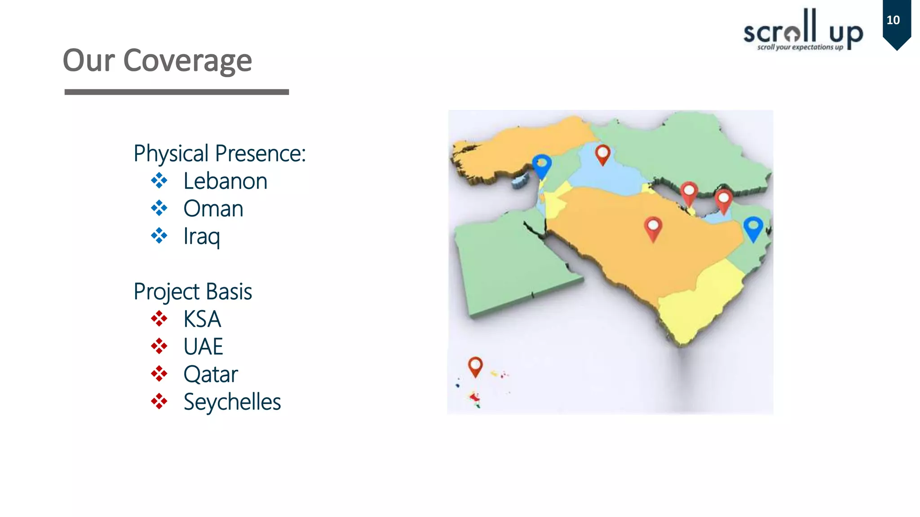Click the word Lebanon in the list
pos(225,181)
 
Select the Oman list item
pos(213,209)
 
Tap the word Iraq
pos(202,237)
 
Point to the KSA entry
pos(202,320)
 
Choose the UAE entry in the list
pos(203,347)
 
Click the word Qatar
pos(211,374)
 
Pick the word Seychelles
pos(232,402)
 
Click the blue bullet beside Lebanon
pos(159,181)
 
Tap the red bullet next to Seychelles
pos(159,401)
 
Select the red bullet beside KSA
pos(159,319)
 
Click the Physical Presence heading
pos(220,153)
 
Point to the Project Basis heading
pos(193,292)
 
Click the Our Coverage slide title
pos(157,61)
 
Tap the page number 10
pos(893,20)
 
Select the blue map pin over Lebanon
pos(542,165)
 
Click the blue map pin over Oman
pos(753,227)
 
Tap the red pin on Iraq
pos(602,153)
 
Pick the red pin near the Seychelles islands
pos(475,365)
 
